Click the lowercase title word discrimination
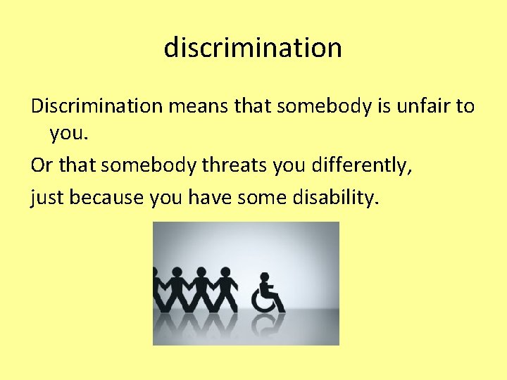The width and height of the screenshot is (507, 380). coord(253,48)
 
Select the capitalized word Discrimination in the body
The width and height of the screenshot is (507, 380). coord(96,106)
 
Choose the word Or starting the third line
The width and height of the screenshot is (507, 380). coord(42,165)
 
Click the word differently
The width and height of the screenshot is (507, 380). coord(370,165)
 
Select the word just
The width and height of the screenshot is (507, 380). coord(44,198)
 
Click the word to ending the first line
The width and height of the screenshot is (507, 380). coord(465,106)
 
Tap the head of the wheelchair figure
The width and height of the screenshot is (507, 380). coord(265,278)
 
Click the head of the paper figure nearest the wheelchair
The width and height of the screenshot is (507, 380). coord(225,272)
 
